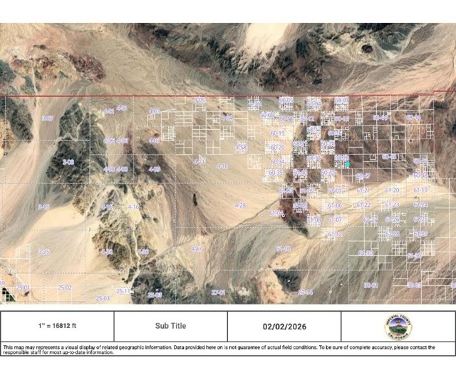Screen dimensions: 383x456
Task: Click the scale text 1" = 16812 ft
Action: [x=57, y=326]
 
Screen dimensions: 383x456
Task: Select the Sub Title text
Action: [x=170, y=326]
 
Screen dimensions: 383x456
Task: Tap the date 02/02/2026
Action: [x=284, y=326]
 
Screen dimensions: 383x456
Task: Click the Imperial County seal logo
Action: [x=398, y=327]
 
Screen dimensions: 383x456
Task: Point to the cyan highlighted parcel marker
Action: [x=347, y=164]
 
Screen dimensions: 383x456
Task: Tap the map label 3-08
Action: [x=68, y=163]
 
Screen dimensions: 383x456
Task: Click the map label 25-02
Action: [x=65, y=287]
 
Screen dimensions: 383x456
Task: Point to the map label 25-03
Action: [x=102, y=298]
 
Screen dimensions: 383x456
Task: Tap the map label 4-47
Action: [x=197, y=249]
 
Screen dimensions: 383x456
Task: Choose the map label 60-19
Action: [x=276, y=133]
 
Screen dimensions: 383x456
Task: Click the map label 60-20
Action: [x=276, y=148]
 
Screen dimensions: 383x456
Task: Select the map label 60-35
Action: [x=276, y=173]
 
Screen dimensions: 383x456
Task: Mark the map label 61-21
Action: [x=363, y=191]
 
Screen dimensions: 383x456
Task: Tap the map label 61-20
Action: [x=392, y=191]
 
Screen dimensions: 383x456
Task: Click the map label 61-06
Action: [x=334, y=205]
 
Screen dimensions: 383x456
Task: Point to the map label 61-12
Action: [x=334, y=234]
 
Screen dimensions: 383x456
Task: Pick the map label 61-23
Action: [x=391, y=205]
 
